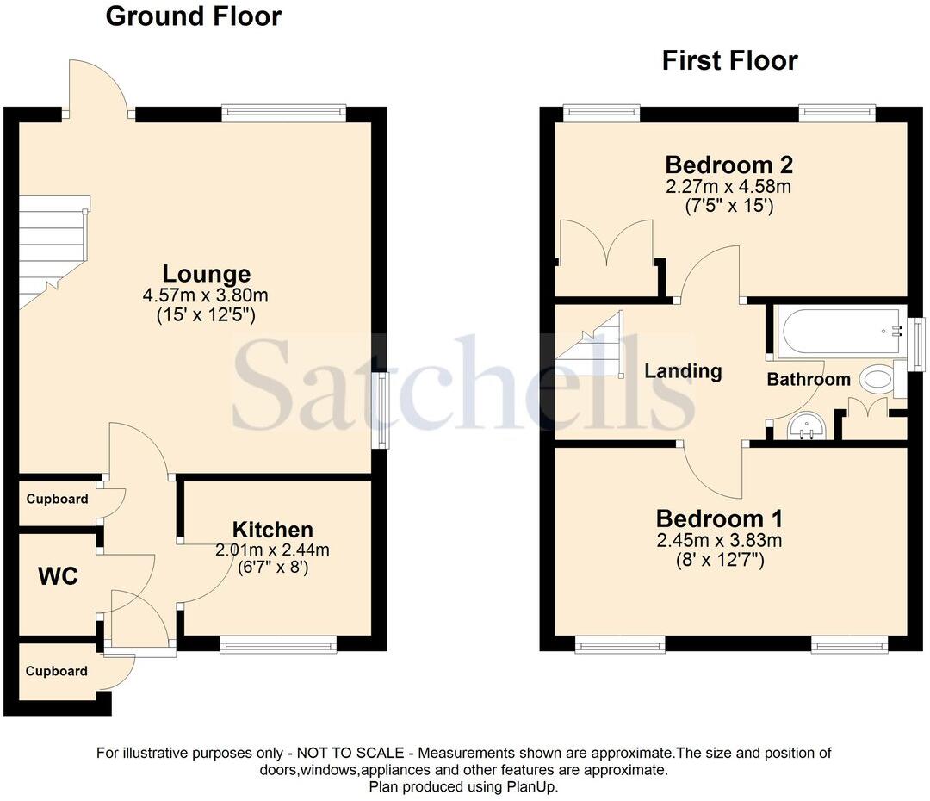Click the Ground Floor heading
(193, 16)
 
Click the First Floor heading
(729, 60)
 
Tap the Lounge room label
(207, 274)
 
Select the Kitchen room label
(272, 530)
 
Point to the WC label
(58, 576)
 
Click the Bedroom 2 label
(728, 165)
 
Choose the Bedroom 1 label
(719, 518)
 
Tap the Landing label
(683, 371)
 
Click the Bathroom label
(809, 379)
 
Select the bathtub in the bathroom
(836, 332)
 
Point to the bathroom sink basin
(807, 425)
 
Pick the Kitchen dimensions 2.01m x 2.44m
(272, 550)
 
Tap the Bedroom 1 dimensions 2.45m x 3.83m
(719, 540)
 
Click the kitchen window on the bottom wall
(277, 645)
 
